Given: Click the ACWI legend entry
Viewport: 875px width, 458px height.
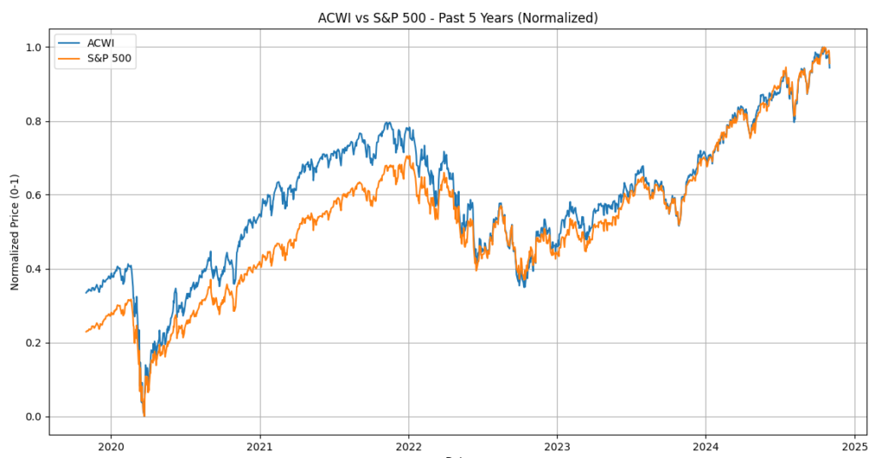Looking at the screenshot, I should tap(101, 43).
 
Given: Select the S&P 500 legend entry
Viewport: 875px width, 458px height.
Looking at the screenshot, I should tap(109, 59).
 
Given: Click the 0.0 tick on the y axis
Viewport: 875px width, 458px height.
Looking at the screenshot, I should tap(32, 417).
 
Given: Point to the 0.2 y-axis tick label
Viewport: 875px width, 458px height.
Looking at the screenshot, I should tap(32, 343).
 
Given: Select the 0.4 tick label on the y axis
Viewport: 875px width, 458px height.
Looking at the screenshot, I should tap(32, 269).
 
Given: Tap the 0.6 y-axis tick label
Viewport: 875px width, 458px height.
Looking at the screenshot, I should tap(32, 195).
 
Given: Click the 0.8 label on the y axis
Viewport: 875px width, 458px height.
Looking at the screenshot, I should tap(32, 121).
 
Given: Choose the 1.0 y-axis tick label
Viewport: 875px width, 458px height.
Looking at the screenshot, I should tap(32, 47).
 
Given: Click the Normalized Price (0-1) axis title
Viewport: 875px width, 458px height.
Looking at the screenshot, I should tap(15, 232).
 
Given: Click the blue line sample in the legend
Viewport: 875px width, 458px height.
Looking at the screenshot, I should tap(70, 43).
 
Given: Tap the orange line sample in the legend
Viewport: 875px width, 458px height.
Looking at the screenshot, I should tap(70, 59).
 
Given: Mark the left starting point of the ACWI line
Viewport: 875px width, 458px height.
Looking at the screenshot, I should tap(86, 293).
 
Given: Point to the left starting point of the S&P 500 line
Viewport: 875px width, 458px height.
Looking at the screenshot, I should tap(86, 332).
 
